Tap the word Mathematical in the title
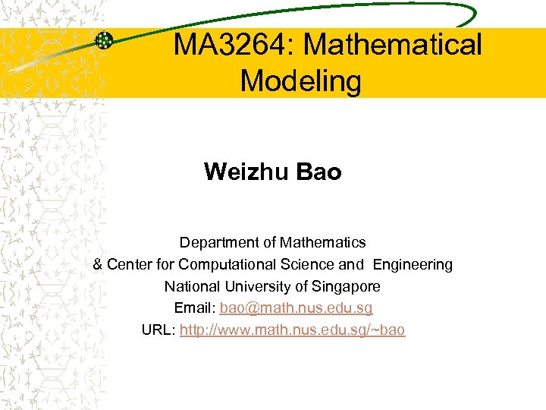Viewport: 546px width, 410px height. pos(393,46)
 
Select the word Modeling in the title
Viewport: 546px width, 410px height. pos(301,80)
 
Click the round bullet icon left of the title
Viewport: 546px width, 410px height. pos(105,42)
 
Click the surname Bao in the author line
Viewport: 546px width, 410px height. pos(319,172)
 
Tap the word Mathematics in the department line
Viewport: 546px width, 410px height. pos(322,243)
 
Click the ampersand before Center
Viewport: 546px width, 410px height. pos(98,265)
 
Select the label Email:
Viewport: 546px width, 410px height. pos(195,309)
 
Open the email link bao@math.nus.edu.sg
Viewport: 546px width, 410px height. pos(297,309)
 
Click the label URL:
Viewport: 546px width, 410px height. pos(158,330)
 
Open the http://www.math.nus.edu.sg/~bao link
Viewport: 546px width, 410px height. pos(293,330)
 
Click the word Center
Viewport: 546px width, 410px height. pos(129,265)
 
